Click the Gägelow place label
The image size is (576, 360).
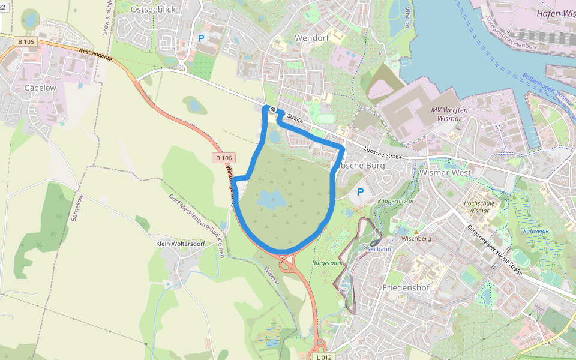click(40, 88)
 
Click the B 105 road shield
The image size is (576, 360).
click(26, 41)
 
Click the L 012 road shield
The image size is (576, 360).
click(323, 357)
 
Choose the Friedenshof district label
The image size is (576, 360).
click(407, 287)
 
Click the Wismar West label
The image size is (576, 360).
click(446, 172)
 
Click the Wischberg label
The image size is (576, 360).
click(416, 238)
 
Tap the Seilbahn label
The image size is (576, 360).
click(379, 249)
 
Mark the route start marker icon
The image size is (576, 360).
click(273, 109)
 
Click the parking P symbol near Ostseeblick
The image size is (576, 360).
click(201, 38)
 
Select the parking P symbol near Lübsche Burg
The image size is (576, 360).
click(361, 192)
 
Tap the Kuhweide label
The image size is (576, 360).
click(536, 230)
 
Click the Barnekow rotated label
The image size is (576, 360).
click(76, 208)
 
